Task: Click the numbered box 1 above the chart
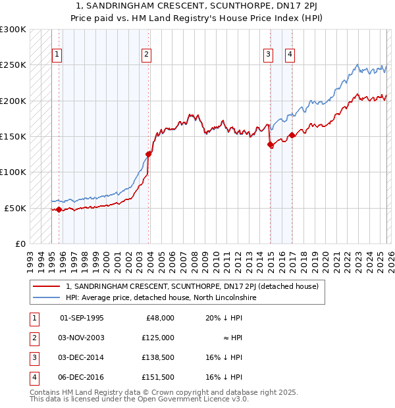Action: point(58,55)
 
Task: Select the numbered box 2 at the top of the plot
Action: point(146,55)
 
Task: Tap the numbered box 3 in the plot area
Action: point(269,55)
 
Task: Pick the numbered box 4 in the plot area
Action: point(290,55)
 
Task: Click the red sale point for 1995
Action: point(59,209)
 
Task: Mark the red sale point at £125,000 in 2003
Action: point(148,154)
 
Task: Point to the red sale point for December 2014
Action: point(270,145)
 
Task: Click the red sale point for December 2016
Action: point(292,136)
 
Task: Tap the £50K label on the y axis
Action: point(14,208)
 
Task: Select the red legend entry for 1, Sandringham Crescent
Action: point(192,286)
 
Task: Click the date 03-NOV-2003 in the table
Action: point(82,338)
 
